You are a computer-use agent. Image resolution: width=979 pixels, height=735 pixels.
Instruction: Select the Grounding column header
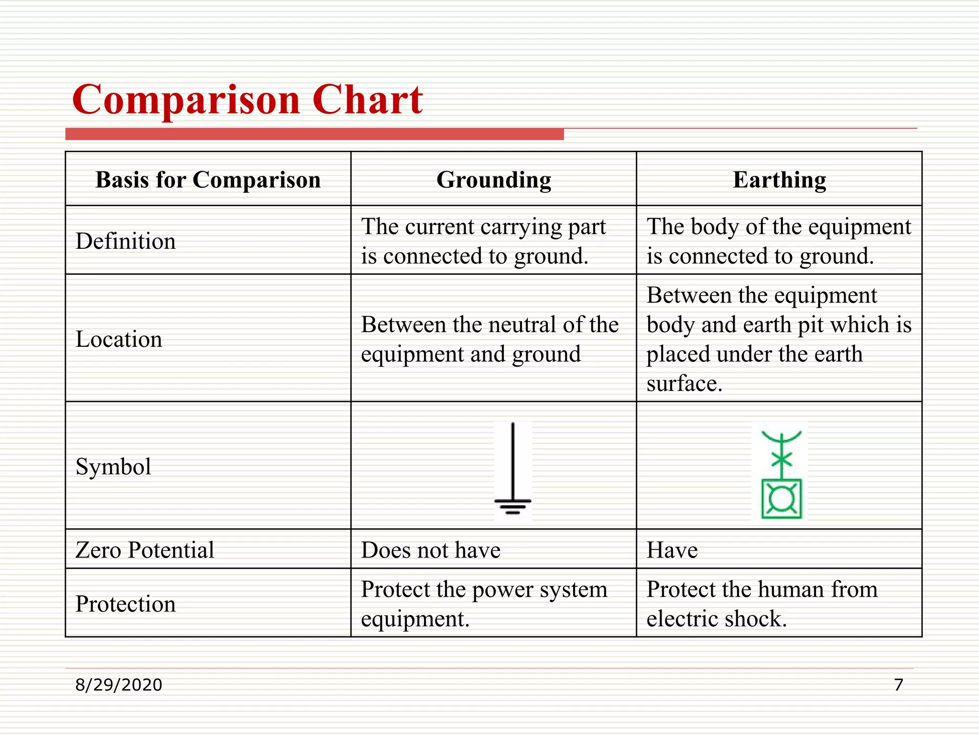click(x=493, y=180)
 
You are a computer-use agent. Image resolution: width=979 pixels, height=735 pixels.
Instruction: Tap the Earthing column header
click(x=779, y=180)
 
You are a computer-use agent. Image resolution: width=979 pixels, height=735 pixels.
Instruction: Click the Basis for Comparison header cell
click(x=208, y=180)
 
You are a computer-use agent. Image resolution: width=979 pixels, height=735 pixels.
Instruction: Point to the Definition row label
click(x=126, y=241)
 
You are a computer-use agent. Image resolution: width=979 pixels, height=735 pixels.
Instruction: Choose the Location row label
click(x=119, y=339)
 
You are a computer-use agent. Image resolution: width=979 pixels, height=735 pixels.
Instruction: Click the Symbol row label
click(x=113, y=466)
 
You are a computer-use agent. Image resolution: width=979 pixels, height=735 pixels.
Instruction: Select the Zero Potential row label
click(x=145, y=550)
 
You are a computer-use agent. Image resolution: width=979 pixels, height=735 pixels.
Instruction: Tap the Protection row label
click(x=126, y=603)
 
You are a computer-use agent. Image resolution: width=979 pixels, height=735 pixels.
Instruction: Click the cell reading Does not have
click(x=431, y=550)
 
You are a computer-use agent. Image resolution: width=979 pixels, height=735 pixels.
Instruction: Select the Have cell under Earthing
click(x=672, y=550)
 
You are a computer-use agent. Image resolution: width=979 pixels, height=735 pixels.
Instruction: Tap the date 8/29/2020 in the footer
click(x=119, y=685)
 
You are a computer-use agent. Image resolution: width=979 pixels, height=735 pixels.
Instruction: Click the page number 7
click(x=898, y=685)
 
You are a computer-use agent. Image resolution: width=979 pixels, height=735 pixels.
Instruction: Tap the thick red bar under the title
click(x=315, y=134)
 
